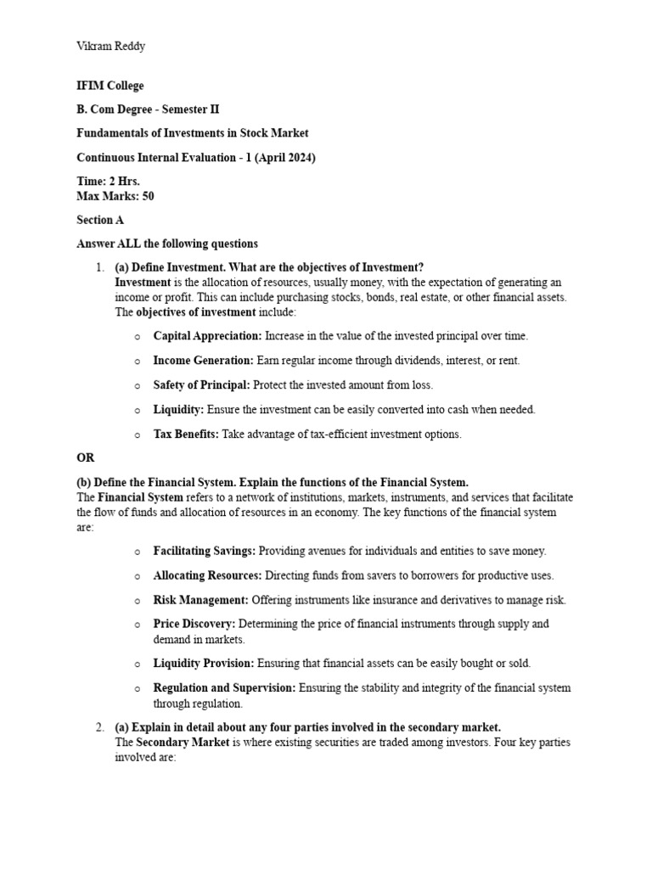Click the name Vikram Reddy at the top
tap(110, 46)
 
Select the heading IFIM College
tap(110, 86)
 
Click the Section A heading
tap(100, 220)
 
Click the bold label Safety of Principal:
tap(201, 385)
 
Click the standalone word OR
tap(86, 458)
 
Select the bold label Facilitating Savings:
tap(205, 551)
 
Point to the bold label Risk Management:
tap(200, 600)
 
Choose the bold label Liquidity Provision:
tap(204, 663)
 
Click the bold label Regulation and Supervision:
tap(224, 688)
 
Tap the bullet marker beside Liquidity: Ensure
tap(138, 411)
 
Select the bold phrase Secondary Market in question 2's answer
tap(183, 743)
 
